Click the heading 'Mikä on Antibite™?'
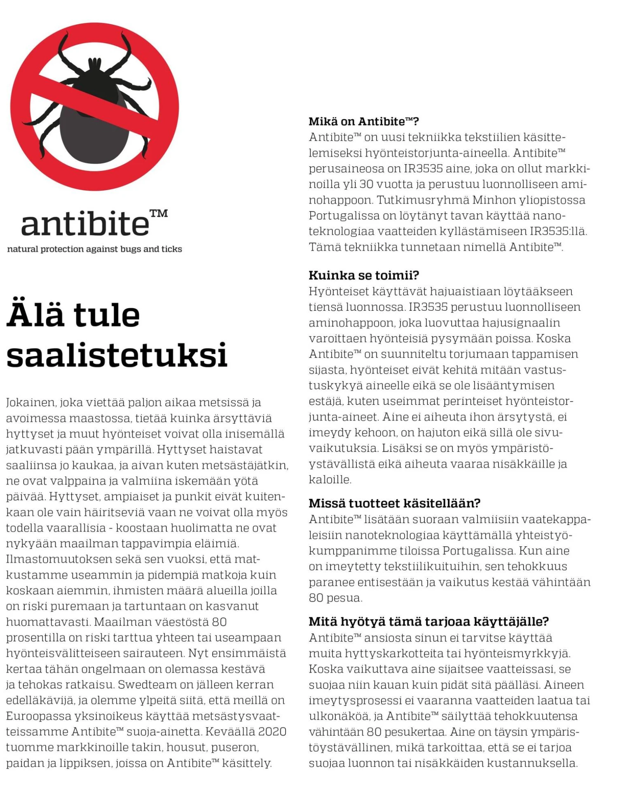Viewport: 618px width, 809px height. point(363,121)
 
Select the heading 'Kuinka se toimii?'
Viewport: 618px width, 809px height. point(363,275)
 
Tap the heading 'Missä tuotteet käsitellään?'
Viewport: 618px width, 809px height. point(394,503)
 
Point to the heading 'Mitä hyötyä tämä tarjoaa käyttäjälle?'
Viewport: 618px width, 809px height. point(428,621)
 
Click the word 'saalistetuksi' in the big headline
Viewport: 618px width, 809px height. point(117,355)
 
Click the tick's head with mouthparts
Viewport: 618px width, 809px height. point(95,66)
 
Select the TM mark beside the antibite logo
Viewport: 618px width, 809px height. point(159,214)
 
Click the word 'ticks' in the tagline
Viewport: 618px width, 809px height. point(172,249)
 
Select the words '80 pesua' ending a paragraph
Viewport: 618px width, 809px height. point(335,598)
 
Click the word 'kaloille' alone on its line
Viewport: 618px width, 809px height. point(330,479)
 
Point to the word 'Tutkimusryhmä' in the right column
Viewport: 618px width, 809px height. point(422,200)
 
